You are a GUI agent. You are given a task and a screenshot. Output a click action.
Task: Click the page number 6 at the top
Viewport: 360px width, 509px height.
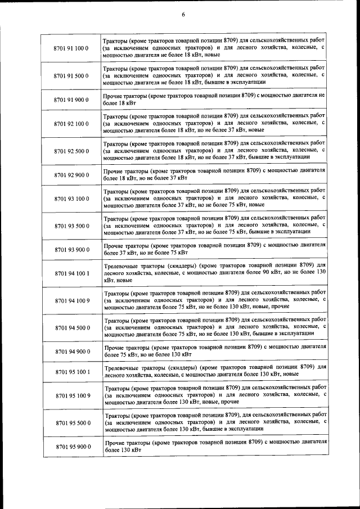click(x=183, y=15)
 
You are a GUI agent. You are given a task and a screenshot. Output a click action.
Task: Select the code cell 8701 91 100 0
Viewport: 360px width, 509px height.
click(x=71, y=49)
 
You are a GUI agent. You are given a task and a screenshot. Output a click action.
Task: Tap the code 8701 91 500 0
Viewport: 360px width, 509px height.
click(x=71, y=75)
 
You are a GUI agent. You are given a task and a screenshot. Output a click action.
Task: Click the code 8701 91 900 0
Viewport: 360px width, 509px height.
click(x=71, y=100)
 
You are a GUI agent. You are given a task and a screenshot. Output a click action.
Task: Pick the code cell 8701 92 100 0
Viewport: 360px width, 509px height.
click(x=71, y=123)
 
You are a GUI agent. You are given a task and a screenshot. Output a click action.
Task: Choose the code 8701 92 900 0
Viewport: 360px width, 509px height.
click(x=71, y=174)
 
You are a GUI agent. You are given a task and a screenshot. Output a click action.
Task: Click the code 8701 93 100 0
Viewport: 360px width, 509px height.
click(x=71, y=199)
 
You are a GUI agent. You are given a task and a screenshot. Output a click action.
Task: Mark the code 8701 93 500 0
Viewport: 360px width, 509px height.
click(x=71, y=226)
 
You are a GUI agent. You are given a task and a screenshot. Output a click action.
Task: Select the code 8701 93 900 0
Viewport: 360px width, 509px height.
click(x=71, y=249)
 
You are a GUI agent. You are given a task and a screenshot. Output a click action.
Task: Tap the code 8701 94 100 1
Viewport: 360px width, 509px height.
click(x=71, y=273)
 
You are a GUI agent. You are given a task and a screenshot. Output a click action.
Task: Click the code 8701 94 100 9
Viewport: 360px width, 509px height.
click(x=71, y=300)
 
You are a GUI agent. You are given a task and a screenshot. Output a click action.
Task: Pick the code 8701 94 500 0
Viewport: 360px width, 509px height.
click(x=71, y=327)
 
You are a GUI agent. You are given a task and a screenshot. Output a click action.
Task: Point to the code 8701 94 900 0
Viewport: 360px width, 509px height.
click(x=71, y=351)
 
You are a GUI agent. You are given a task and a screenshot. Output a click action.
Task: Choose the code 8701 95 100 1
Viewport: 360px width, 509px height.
click(x=71, y=371)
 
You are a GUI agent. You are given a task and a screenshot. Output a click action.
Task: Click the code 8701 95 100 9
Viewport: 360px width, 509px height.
click(x=71, y=395)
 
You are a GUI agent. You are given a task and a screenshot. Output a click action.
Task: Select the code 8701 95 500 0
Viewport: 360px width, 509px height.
click(x=71, y=422)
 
